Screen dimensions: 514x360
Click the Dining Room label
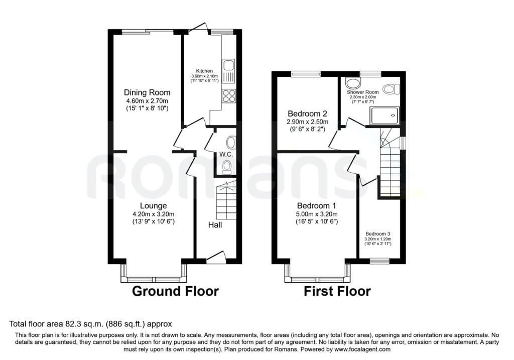coord(147,92)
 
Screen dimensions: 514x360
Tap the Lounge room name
coord(153,205)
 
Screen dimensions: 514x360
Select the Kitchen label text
coord(204,71)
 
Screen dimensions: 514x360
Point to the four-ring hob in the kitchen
coord(228,96)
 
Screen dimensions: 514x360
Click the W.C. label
coord(226,154)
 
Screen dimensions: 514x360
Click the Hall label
coord(215,225)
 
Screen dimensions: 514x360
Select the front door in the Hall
coord(216,257)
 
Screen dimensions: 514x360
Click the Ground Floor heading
coord(175,291)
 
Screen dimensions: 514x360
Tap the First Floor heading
coord(337,291)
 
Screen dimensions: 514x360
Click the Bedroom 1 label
coord(316,205)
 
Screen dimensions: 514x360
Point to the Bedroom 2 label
coord(307,114)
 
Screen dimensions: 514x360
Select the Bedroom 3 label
coord(377,234)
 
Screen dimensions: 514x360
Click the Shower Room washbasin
coord(352,84)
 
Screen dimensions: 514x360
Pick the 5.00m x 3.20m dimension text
coord(316,214)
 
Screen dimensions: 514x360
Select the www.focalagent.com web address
coord(362,349)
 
